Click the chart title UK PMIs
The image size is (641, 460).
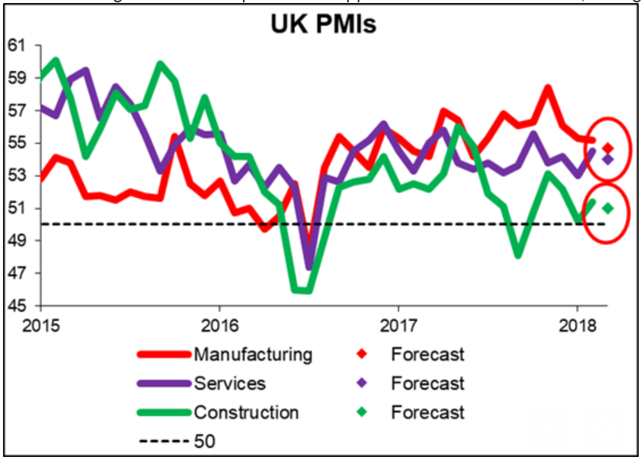(323, 26)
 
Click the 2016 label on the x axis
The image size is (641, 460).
(219, 321)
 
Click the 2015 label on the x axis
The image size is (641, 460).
(41, 321)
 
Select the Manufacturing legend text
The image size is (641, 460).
(252, 354)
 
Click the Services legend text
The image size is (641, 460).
(229, 383)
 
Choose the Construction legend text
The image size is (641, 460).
(246, 412)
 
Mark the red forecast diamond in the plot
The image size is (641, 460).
(608, 148)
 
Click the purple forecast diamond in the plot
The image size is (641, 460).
(608, 159)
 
